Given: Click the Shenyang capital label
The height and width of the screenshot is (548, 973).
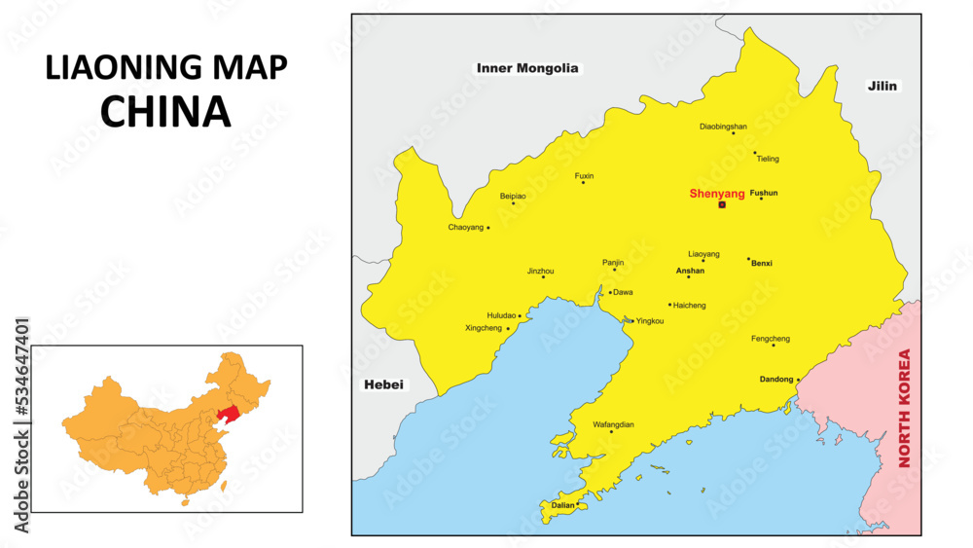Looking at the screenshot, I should (717, 194).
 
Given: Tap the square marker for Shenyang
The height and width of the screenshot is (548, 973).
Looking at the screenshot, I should (722, 204).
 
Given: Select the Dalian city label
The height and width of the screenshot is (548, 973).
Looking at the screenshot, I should (562, 506).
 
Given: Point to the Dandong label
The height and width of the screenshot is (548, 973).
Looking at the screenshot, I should (776, 380).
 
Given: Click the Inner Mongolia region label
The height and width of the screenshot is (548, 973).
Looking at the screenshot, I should (527, 68).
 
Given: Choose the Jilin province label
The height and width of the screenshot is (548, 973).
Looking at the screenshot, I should (883, 86).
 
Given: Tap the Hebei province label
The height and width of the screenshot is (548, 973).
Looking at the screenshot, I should (382, 384).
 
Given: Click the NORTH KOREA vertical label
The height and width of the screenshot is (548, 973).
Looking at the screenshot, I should (904, 408).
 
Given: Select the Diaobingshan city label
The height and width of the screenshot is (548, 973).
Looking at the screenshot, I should (723, 127).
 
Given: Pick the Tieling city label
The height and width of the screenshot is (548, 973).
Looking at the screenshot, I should (768, 159).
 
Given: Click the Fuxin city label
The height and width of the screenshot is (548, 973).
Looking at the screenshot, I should (584, 176).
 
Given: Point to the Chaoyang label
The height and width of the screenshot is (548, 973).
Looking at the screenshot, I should (465, 227).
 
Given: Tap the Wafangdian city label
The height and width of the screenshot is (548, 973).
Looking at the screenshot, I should (613, 425).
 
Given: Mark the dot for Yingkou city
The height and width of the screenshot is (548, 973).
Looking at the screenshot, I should (631, 320).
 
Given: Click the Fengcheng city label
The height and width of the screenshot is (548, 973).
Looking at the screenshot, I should (771, 339).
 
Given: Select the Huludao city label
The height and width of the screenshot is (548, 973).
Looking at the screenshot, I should (502, 315).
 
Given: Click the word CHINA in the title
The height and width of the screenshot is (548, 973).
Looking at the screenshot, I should (165, 112).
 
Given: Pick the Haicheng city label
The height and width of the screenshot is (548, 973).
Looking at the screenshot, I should (690, 306).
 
